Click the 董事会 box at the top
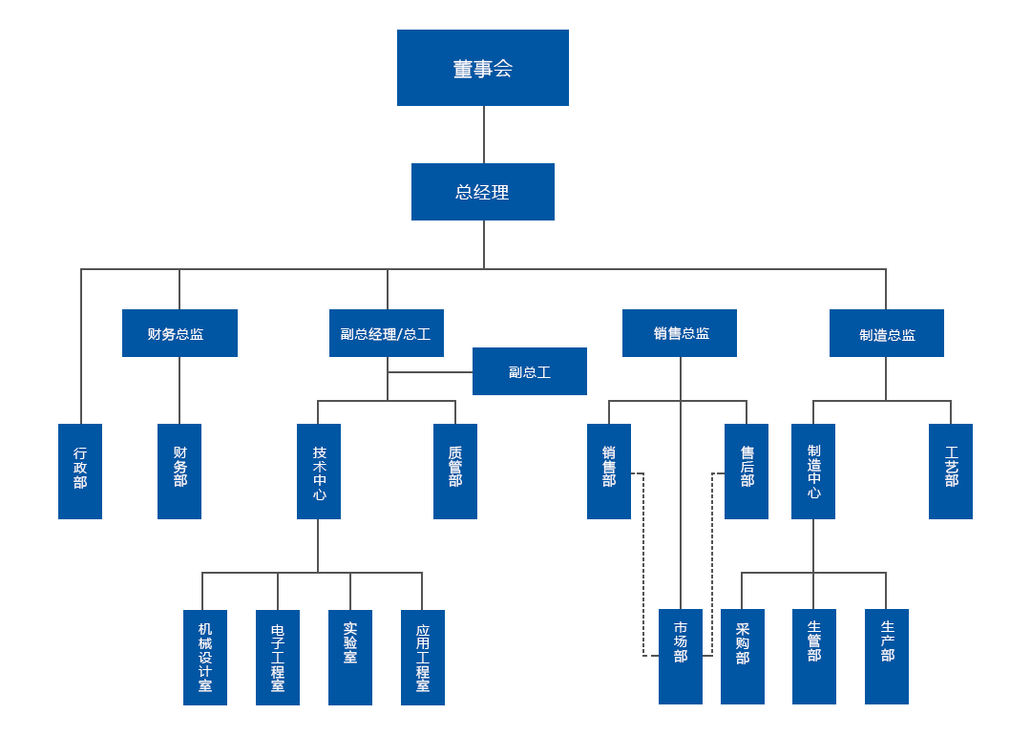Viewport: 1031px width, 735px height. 482,68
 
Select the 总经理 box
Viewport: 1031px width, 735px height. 482,192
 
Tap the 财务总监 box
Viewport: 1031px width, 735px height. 179,333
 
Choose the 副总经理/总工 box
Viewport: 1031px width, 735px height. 386,333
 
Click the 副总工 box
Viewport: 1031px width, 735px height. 529,371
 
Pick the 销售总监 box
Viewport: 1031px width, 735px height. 679,333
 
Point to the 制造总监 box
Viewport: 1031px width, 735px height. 886,333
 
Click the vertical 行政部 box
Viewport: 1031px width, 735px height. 80,472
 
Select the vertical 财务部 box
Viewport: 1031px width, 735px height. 179,472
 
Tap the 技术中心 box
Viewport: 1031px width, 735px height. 319,472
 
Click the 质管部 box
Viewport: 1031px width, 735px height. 455,472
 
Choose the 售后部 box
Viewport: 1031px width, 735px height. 746,472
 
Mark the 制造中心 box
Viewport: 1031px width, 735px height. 813,472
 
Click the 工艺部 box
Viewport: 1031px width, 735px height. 951,472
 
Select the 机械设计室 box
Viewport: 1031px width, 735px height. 205,658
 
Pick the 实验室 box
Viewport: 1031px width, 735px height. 350,658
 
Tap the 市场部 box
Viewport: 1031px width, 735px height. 681,657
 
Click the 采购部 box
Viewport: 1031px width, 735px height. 743,657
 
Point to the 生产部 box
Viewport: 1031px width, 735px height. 887,657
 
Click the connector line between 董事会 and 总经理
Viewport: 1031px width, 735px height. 483,135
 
